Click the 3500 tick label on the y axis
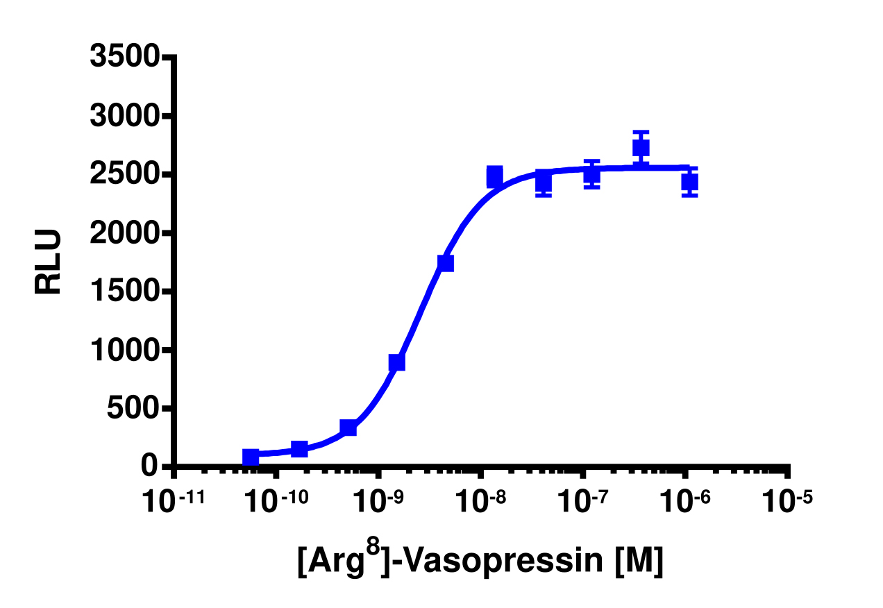pyautogui.click(x=125, y=58)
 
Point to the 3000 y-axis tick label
pyautogui.click(x=125, y=116)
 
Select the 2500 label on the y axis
pyautogui.click(x=125, y=175)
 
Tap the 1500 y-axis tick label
pyautogui.click(x=125, y=292)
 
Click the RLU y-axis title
pyautogui.click(x=49, y=262)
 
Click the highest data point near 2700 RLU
pyautogui.click(x=641, y=148)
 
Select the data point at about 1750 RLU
pyautogui.click(x=446, y=263)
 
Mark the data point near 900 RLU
pyautogui.click(x=397, y=362)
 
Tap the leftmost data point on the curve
pyautogui.click(x=251, y=457)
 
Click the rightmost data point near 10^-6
pyautogui.click(x=689, y=182)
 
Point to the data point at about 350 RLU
pyautogui.click(x=348, y=428)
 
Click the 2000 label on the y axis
pyautogui.click(x=125, y=233)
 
